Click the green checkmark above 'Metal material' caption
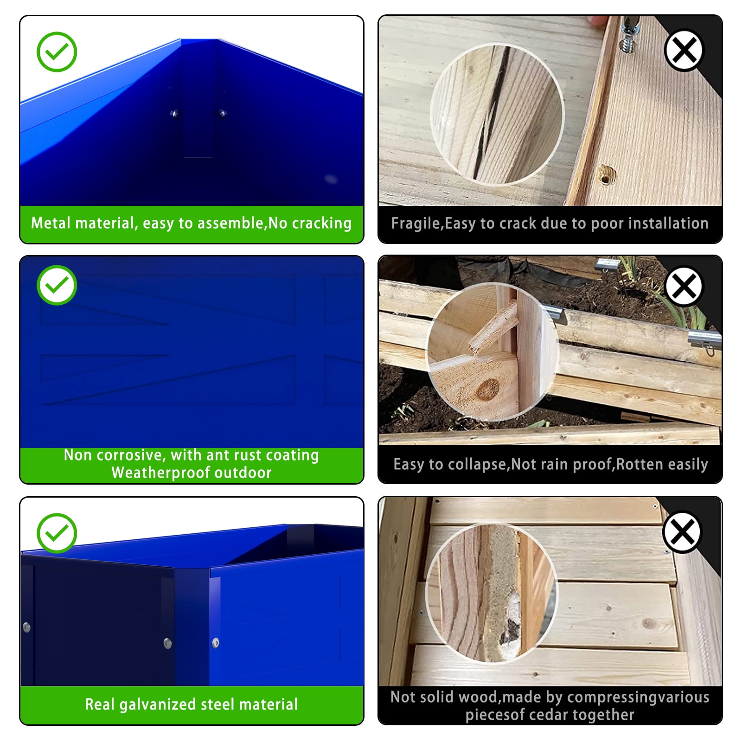pyautogui.click(x=57, y=51)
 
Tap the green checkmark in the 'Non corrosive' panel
pyautogui.click(x=57, y=285)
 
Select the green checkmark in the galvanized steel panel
pyautogui.click(x=57, y=533)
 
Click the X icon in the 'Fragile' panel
pyautogui.click(x=684, y=50)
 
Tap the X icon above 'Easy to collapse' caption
pyautogui.click(x=684, y=286)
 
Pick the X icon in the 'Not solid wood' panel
pyautogui.click(x=682, y=531)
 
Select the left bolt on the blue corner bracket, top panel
pyautogui.click(x=175, y=113)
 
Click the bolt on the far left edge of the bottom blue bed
pyautogui.click(x=27, y=627)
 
